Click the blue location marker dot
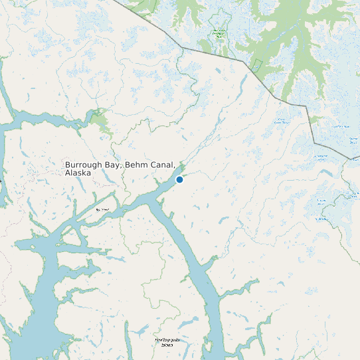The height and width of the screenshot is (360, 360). (179, 179)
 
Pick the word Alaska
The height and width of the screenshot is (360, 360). (78, 173)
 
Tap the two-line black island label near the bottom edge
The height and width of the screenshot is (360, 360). (163, 343)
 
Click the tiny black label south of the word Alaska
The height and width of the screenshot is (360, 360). (102, 209)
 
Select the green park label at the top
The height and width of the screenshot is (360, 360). (219, 33)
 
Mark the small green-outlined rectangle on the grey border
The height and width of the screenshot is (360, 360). (257, 64)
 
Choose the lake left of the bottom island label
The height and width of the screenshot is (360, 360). (141, 330)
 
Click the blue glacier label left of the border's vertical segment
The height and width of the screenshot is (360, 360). (283, 122)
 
